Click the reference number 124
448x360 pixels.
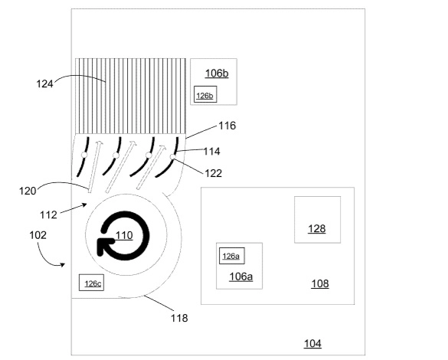coord(44,84)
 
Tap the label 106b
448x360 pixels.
coord(217,74)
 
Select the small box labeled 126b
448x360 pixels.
coord(205,94)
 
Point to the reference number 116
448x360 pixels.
coord(227,126)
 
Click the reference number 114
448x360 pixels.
coord(211,151)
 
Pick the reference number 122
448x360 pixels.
coord(214,173)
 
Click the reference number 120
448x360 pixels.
coord(28,191)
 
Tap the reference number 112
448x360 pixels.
coord(48,214)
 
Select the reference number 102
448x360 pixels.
coord(38,235)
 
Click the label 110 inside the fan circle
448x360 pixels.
coord(124,235)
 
